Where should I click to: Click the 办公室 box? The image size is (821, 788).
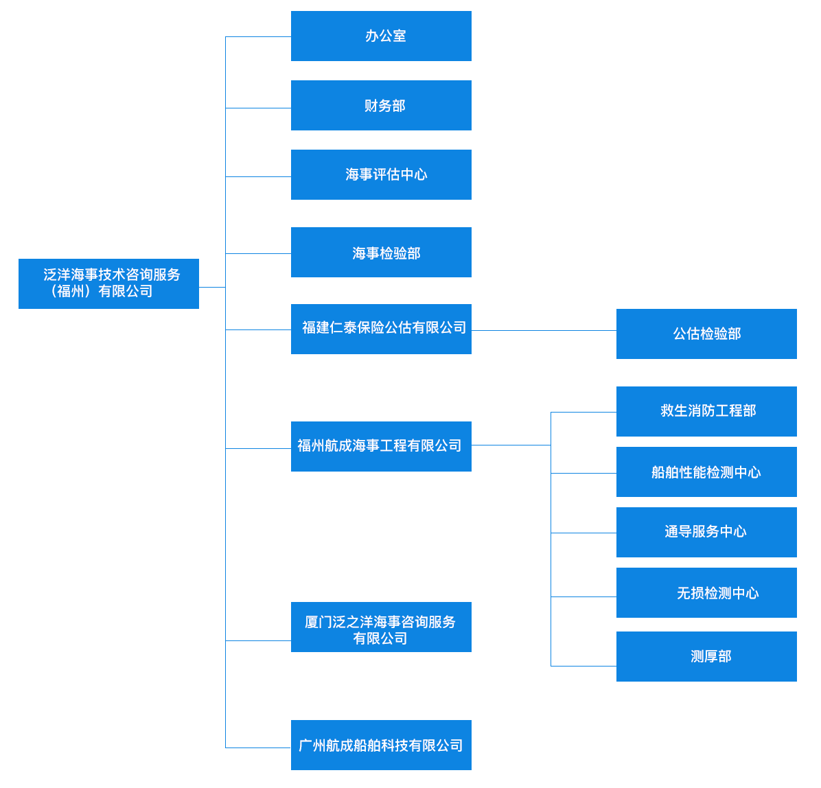[x=381, y=36]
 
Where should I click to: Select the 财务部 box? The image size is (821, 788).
[x=381, y=105]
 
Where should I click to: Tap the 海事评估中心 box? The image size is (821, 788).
[x=381, y=175]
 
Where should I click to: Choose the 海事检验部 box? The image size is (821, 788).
[x=381, y=253]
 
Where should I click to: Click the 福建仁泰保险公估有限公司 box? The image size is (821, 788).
[x=381, y=329]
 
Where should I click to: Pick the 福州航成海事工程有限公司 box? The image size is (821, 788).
[x=381, y=447]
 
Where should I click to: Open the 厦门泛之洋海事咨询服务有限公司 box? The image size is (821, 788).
[x=381, y=627]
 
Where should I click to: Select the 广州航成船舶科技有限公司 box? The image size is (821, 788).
[x=381, y=745]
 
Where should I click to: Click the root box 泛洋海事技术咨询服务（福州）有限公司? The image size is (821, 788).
[x=109, y=283]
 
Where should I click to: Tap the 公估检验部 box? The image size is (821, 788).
[x=706, y=334]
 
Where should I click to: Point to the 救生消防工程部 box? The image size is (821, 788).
[x=706, y=412]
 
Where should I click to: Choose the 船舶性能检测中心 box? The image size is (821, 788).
[x=706, y=472]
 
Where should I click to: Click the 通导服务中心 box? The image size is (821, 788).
[x=706, y=533]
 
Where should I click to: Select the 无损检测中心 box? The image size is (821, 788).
[x=706, y=592]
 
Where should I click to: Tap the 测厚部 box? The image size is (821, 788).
[x=706, y=657]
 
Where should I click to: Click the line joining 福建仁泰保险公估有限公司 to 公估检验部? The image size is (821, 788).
[x=544, y=330]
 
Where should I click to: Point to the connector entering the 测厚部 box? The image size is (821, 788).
[x=583, y=666]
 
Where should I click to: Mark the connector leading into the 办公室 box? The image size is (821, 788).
[x=258, y=36]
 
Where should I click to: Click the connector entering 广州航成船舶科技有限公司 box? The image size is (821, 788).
[x=258, y=748]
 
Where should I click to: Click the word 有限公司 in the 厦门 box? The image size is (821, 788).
[x=380, y=638]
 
